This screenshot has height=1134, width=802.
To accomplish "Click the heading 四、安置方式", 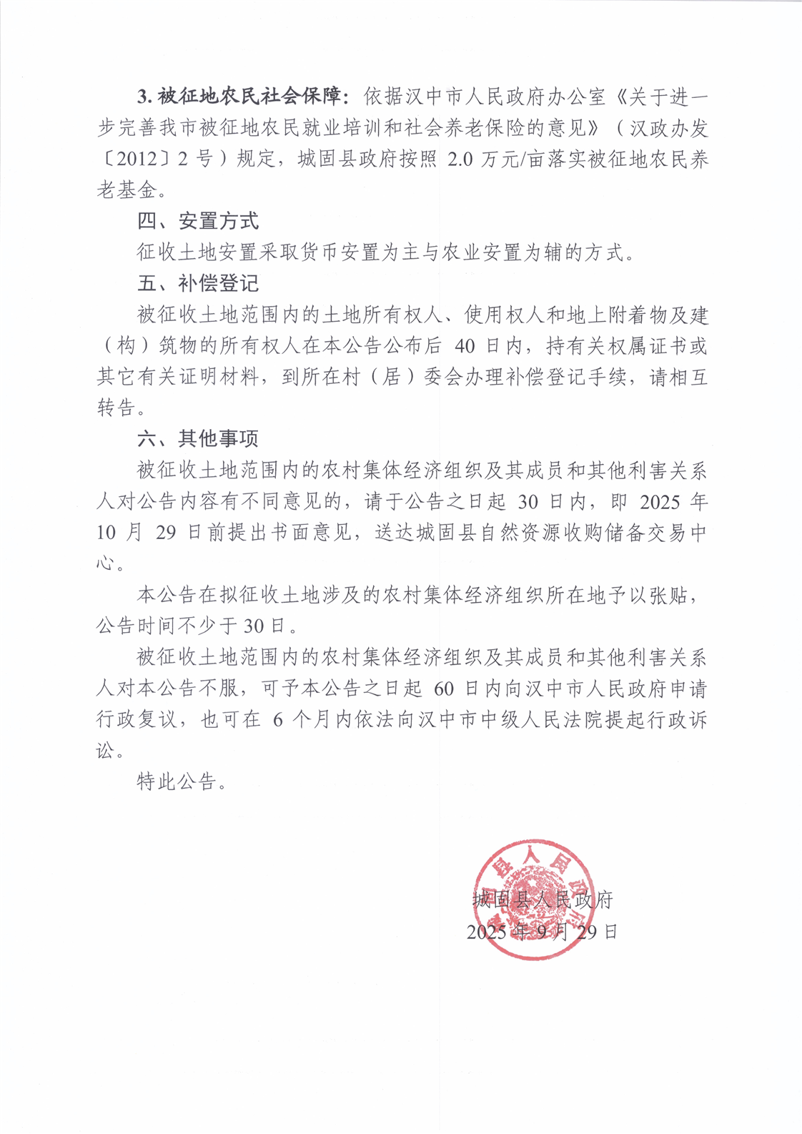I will click(x=198, y=221).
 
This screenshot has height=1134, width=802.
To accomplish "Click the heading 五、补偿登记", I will click(x=198, y=284).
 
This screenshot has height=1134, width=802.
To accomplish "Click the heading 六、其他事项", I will click(x=198, y=438).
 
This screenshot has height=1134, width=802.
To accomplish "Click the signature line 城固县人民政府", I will click(x=543, y=899).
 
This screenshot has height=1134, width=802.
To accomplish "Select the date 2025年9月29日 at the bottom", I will click(x=541, y=932).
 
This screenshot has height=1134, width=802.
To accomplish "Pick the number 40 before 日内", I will click(x=465, y=346).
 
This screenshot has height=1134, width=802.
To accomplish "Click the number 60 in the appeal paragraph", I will click(x=443, y=689).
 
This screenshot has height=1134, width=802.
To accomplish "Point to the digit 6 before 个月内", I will click(x=277, y=720).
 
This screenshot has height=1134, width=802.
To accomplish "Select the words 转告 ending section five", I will click(x=116, y=408).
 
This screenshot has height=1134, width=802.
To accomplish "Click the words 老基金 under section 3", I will click(x=126, y=189).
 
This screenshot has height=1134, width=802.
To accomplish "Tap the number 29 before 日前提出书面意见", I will click(x=165, y=533).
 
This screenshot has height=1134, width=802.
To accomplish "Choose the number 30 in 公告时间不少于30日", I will click(x=254, y=626).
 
